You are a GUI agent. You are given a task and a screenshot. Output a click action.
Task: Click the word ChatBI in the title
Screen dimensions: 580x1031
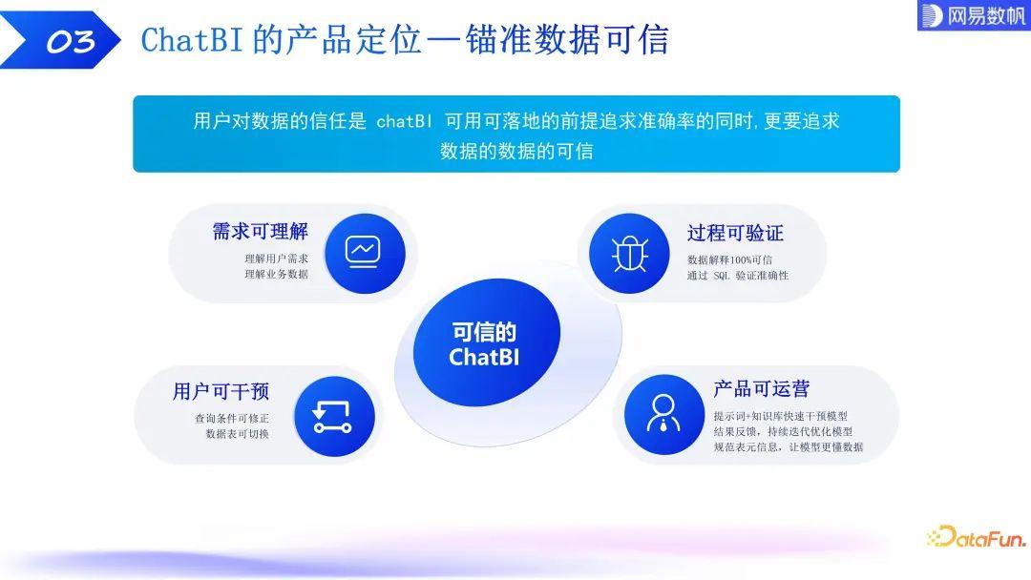coord(192,40)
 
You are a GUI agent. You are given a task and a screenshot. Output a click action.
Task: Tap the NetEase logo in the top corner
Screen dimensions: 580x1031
coord(973,15)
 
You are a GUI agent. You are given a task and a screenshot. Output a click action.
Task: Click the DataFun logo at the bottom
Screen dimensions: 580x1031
coord(976,536)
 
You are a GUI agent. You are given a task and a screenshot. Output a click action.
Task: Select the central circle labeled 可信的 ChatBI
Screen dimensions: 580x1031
coord(484,344)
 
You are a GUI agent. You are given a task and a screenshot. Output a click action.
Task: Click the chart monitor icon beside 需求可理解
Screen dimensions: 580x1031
coord(364,253)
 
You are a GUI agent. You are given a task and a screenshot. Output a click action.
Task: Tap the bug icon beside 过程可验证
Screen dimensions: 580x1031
coord(629,253)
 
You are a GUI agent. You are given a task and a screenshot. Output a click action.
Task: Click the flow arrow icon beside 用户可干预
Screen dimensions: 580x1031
coord(333,416)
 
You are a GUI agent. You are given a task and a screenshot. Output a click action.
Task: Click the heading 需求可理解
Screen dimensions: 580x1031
coord(261,232)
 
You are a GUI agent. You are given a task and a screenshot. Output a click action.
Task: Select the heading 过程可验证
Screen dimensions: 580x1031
coord(735,233)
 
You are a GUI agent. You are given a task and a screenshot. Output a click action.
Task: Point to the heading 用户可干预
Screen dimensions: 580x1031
coord(221,391)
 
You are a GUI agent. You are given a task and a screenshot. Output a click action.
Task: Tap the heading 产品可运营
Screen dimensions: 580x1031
coord(762,388)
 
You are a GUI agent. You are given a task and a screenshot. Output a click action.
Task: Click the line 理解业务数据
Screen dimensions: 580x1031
coord(276,274)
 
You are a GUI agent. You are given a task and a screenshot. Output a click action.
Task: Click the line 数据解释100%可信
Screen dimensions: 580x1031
coord(730,259)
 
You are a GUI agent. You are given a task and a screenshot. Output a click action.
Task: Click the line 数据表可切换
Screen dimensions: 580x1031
coord(237,433)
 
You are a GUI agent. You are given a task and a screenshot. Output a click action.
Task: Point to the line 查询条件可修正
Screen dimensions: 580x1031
coord(231,418)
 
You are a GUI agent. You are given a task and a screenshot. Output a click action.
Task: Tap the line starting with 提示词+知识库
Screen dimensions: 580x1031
coord(780,416)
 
